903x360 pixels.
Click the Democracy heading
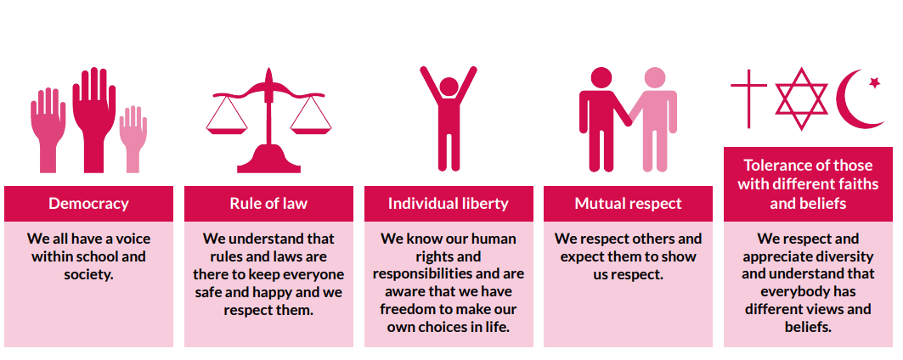(88, 203)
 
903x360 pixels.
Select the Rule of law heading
(268, 203)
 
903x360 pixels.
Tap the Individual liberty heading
(448, 203)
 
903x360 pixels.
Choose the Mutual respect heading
(628, 203)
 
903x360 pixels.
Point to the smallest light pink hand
(133, 138)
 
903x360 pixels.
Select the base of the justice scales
(268, 160)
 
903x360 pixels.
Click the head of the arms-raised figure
(449, 87)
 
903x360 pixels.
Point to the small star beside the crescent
(874, 83)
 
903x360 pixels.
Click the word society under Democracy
(88, 274)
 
